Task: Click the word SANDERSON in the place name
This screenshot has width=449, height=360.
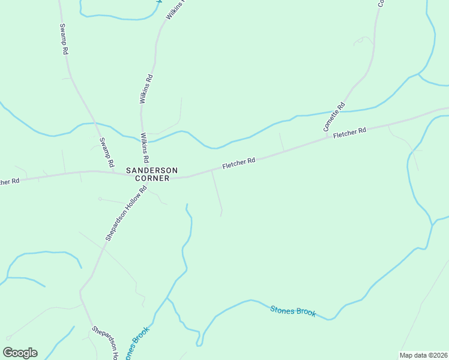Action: [x=152, y=170]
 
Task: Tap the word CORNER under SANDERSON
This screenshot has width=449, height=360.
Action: [x=152, y=178]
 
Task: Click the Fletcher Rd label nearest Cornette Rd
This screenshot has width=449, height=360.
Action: [x=349, y=133]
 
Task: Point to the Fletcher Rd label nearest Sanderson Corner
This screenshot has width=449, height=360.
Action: [x=239, y=163]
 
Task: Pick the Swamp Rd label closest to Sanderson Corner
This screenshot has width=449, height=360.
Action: [x=106, y=152]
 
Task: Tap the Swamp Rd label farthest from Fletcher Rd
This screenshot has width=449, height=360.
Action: [x=63, y=39]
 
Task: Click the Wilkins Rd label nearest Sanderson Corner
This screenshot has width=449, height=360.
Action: [x=145, y=149]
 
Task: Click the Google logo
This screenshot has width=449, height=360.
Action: [x=20, y=353]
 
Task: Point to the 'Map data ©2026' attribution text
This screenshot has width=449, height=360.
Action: [x=423, y=355]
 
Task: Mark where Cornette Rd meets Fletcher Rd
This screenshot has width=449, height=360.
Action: [x=327, y=138]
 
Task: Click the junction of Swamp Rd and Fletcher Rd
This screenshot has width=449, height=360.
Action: [x=115, y=173]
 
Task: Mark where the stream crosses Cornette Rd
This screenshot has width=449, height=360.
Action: [x=347, y=110]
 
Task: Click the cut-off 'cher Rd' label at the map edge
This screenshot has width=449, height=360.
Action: [x=10, y=181]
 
